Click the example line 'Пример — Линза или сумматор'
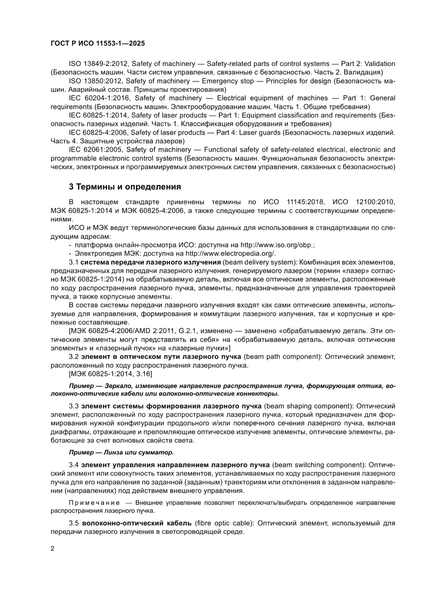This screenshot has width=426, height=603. coord(121,452)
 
